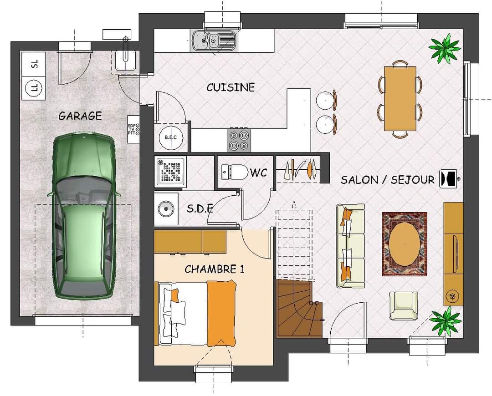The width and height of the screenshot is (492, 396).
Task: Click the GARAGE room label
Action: click(x=80, y=116)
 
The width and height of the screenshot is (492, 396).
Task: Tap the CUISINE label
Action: click(x=231, y=87)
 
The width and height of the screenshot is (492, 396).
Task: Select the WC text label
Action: click(x=259, y=173)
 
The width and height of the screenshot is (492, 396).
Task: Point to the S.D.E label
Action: click(x=200, y=208)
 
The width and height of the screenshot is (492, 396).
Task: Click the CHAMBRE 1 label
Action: click(x=214, y=269)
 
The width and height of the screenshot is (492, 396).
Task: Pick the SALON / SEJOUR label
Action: click(x=388, y=180)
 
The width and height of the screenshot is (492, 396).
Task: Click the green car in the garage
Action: click(x=83, y=216)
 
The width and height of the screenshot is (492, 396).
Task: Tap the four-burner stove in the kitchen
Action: click(x=239, y=140)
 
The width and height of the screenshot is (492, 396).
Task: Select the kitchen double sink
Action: click(x=213, y=41)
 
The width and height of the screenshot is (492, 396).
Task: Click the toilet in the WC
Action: click(x=235, y=172)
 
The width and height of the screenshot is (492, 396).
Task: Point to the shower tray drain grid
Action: click(x=171, y=172)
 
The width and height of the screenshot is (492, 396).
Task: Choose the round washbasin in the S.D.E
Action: click(x=166, y=208)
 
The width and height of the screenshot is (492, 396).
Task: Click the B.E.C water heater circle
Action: click(x=171, y=137)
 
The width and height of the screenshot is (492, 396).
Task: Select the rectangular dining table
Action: click(x=400, y=98)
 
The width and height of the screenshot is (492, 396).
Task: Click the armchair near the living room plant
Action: click(x=404, y=306)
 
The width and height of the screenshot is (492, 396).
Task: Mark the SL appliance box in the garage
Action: click(x=34, y=64)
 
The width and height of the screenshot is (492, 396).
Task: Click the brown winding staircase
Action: click(x=299, y=309)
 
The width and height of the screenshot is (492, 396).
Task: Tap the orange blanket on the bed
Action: click(x=221, y=314)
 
